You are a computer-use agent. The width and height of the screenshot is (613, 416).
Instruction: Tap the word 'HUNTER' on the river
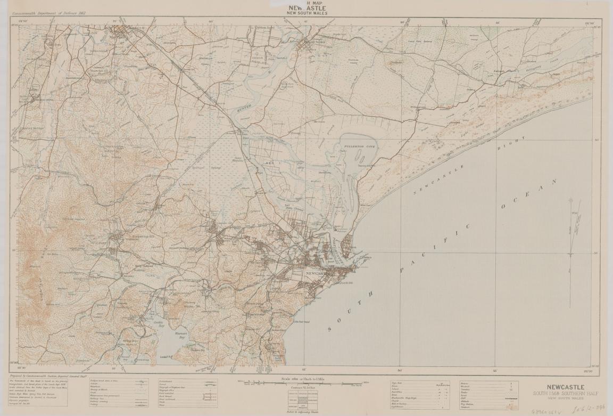[x=242, y=108]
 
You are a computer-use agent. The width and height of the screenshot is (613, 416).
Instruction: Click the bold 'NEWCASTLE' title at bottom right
[x=566, y=387]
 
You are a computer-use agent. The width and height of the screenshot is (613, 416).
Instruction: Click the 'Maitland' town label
[x=116, y=37]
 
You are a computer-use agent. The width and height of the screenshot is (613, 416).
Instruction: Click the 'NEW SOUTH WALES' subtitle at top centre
[x=306, y=13]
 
